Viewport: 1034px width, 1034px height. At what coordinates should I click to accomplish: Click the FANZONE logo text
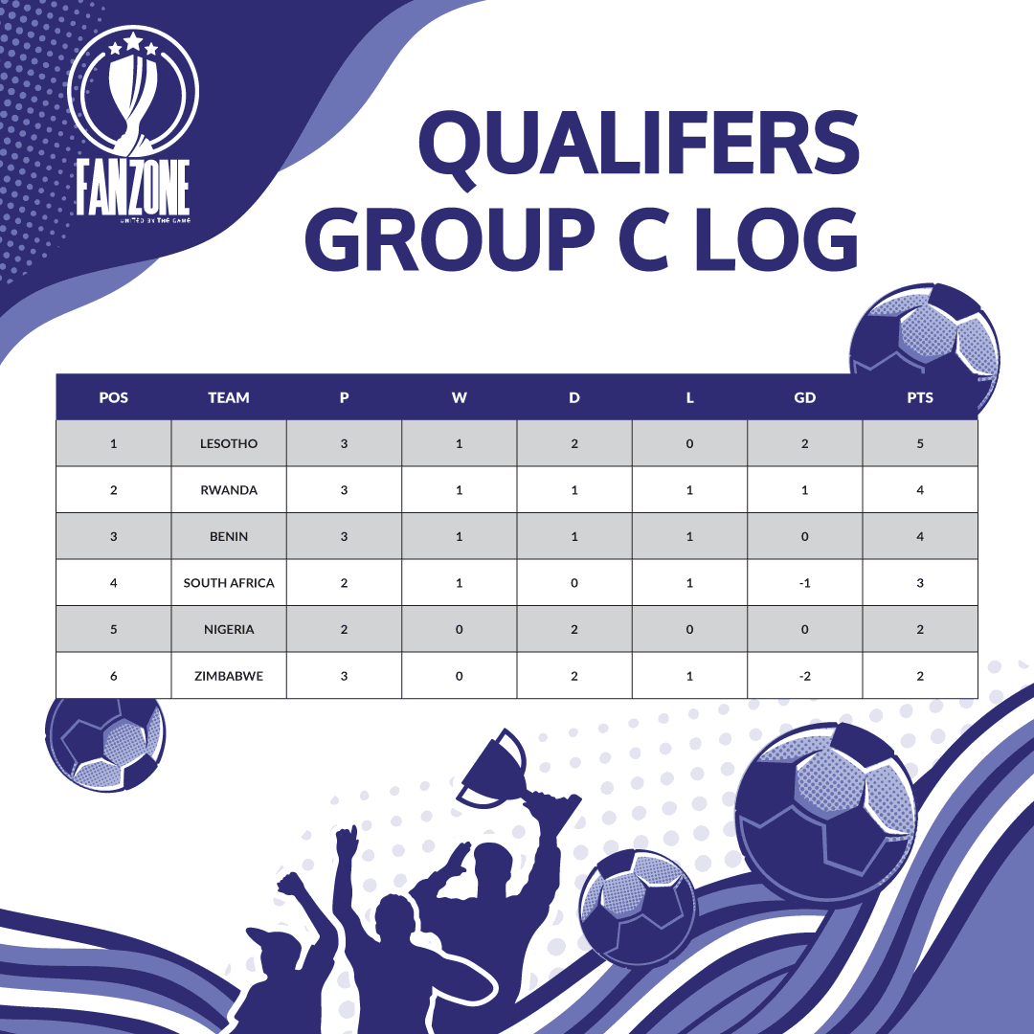pyautogui.click(x=133, y=188)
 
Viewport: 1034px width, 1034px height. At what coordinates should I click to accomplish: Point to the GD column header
pyautogui.click(x=804, y=397)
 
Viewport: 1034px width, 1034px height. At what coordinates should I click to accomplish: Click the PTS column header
pyautogui.click(x=920, y=397)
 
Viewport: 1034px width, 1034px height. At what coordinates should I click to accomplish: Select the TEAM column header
pyautogui.click(x=229, y=397)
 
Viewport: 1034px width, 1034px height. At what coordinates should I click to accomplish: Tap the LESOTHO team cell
pyautogui.click(x=229, y=443)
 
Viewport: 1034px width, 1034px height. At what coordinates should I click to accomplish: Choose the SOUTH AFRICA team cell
pyautogui.click(x=229, y=583)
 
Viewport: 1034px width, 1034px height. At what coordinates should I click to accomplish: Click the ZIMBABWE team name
pyautogui.click(x=229, y=676)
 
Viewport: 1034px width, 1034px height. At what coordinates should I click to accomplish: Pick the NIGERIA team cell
pyautogui.click(x=229, y=629)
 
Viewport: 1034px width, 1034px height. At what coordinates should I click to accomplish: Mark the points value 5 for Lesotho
pyautogui.click(x=920, y=443)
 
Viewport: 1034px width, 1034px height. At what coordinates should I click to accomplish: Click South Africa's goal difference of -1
pyautogui.click(x=804, y=583)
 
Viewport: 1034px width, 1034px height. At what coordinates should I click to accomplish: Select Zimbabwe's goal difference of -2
pyautogui.click(x=804, y=676)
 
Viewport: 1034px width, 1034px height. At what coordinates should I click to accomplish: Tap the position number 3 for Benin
pyautogui.click(x=113, y=536)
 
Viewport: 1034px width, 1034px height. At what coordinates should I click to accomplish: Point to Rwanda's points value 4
pyautogui.click(x=920, y=490)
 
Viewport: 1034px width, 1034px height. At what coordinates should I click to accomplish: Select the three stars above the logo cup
pyautogui.click(x=133, y=44)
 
